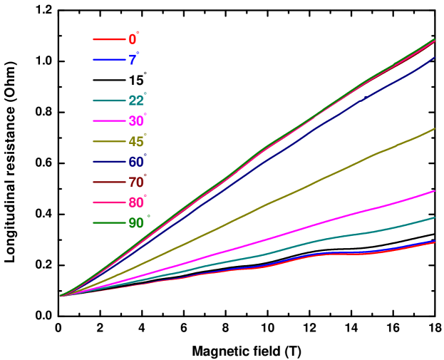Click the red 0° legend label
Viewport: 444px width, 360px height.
(x=133, y=39)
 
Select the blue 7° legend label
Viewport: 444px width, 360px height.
(x=133, y=60)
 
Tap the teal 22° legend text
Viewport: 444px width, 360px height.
(x=137, y=101)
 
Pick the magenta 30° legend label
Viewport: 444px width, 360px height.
(x=137, y=121)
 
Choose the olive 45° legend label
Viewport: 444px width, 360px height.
(x=137, y=142)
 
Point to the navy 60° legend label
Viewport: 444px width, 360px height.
(x=137, y=163)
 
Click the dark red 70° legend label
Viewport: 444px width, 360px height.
(x=137, y=182)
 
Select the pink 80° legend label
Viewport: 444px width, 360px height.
(x=137, y=203)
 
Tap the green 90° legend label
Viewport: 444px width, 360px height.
(x=137, y=223)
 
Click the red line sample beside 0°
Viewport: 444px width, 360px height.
(x=109, y=39)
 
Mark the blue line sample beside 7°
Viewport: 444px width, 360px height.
(x=109, y=60)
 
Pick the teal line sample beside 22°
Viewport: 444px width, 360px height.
(x=109, y=101)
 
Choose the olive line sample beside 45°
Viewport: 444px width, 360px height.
(x=109, y=142)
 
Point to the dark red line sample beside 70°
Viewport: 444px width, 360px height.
(x=109, y=182)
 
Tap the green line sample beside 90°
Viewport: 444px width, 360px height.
(x=109, y=223)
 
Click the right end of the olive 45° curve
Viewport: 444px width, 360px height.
(x=434, y=129)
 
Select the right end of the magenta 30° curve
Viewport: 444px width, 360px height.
(x=434, y=191)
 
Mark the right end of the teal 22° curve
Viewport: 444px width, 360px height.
(x=434, y=217)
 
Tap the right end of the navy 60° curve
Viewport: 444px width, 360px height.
(x=434, y=58)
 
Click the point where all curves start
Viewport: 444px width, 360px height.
(x=61, y=295)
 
